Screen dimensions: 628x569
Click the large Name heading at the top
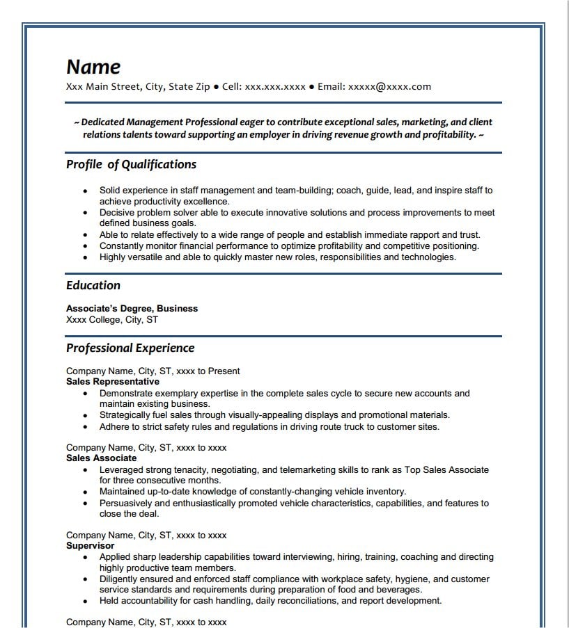pyautogui.click(x=93, y=67)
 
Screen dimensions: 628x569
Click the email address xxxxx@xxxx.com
pyautogui.click(x=389, y=87)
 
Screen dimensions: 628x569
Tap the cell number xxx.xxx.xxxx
pyautogui.click(x=275, y=87)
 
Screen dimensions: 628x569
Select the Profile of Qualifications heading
pyautogui.click(x=131, y=165)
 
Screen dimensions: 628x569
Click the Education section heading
pyautogui.click(x=93, y=285)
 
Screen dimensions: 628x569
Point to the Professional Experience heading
pyautogui.click(x=130, y=348)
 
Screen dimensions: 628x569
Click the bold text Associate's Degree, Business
pyautogui.click(x=132, y=308)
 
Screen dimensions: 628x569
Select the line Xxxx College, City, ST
pyautogui.click(x=112, y=319)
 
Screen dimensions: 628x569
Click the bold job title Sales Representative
pyautogui.click(x=113, y=382)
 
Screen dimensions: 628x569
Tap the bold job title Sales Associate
pyautogui.click(x=101, y=458)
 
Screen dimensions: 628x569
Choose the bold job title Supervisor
pyautogui.click(x=91, y=546)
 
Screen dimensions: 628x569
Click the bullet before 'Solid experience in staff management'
pyautogui.click(x=85, y=191)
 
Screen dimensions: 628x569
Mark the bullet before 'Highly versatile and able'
pyautogui.click(x=85, y=257)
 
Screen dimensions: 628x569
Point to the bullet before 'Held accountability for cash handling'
pyautogui.click(x=85, y=601)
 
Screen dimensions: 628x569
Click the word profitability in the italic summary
pyautogui.click(x=442, y=134)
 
